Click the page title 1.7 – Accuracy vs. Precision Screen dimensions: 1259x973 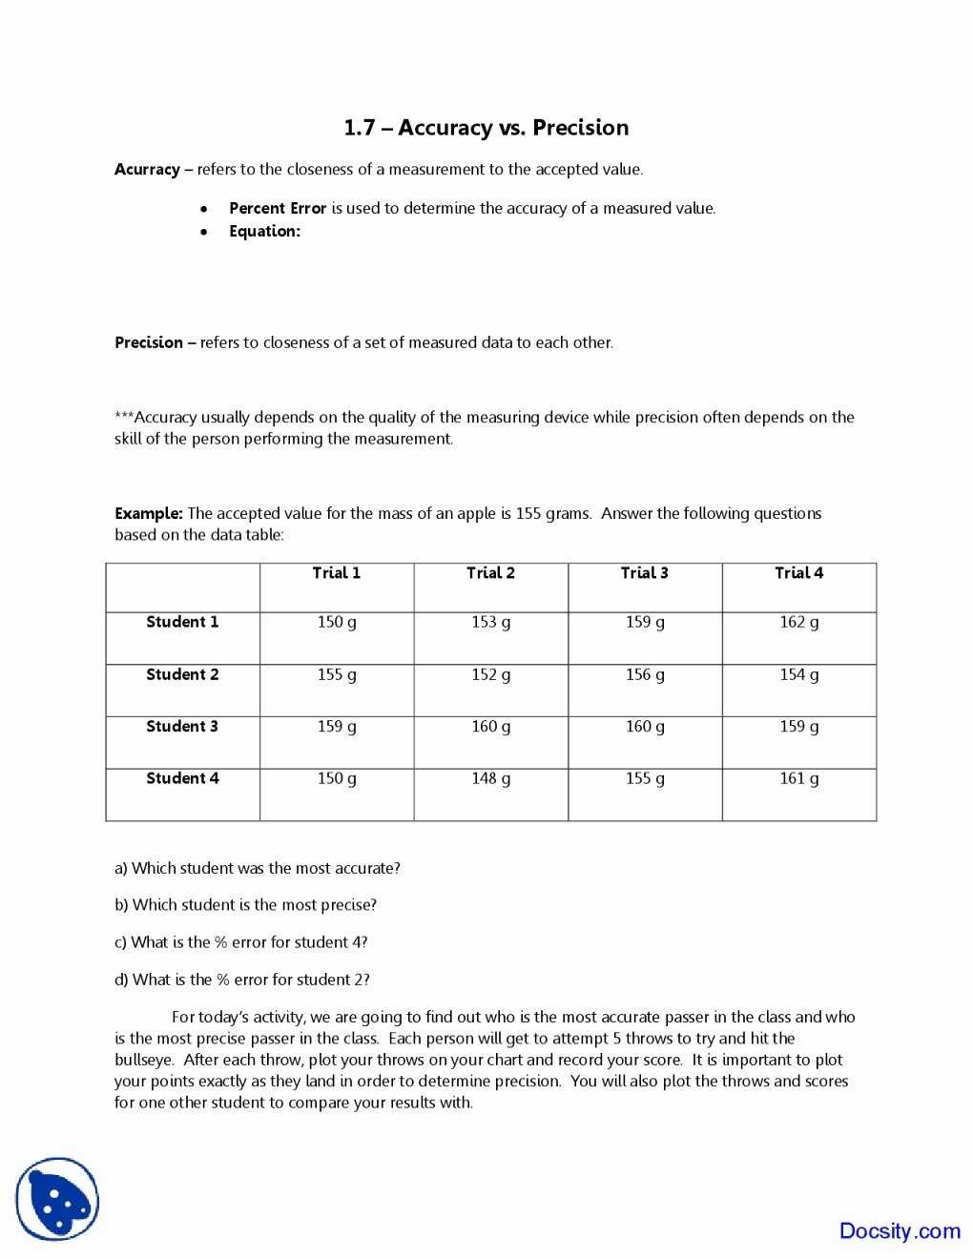click(486, 128)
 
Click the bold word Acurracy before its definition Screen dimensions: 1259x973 click(147, 170)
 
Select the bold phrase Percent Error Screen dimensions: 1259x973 click(278, 208)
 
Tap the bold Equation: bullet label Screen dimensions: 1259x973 click(264, 231)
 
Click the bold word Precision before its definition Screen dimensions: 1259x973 click(149, 342)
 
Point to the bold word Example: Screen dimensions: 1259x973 click(149, 513)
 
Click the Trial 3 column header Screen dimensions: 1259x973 click(644, 573)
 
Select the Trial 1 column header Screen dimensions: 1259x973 click(336, 573)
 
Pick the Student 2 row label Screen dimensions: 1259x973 click(182, 674)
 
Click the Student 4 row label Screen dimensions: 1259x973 click(182, 778)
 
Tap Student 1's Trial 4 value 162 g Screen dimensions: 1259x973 click(798, 622)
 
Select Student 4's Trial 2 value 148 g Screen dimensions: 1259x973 click(490, 778)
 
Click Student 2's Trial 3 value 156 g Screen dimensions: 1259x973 click(645, 674)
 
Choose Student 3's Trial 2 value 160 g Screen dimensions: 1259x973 click(490, 727)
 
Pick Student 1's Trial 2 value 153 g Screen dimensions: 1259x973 click(490, 622)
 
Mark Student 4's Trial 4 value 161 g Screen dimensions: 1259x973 click(798, 778)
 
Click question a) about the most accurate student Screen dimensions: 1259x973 click(257, 868)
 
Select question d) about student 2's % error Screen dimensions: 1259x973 click(241, 980)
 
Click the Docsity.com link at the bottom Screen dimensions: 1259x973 click(899, 1230)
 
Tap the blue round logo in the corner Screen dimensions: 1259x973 click(57, 1199)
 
